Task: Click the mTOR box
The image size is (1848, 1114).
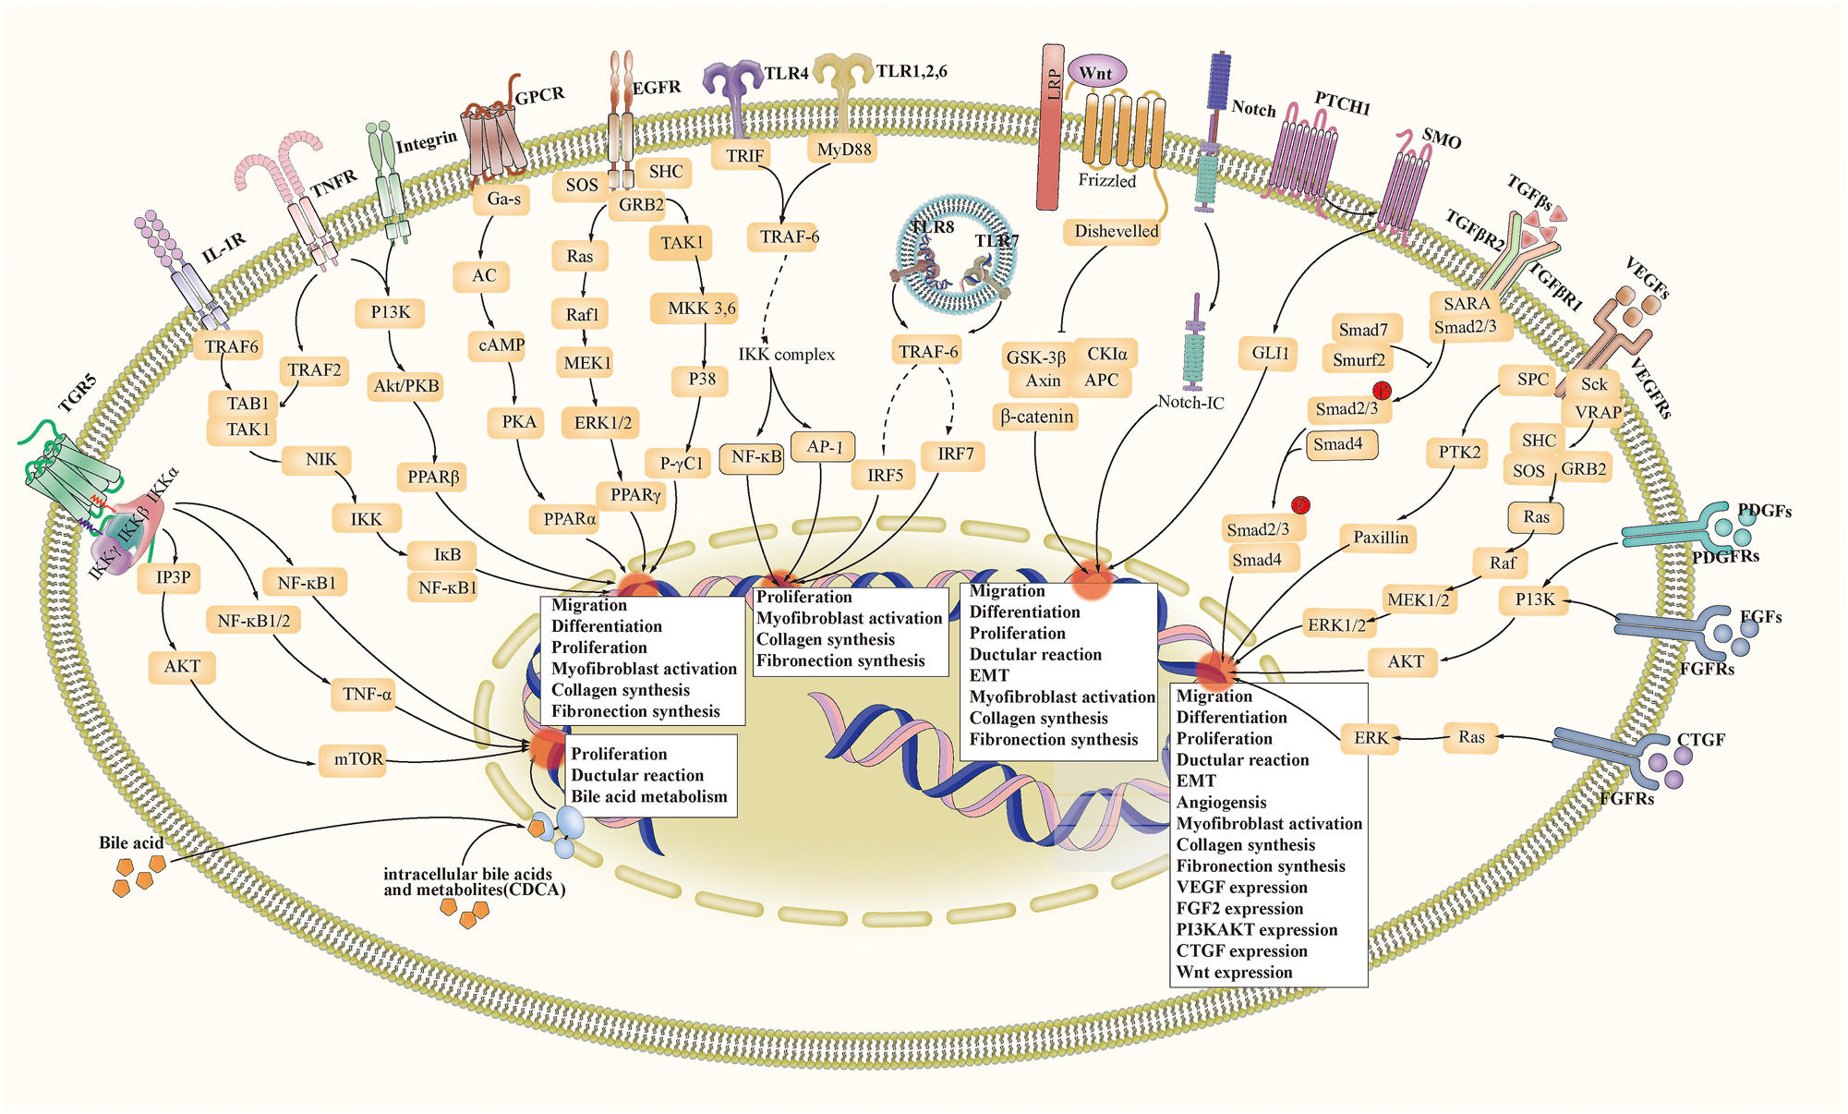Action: pos(357,759)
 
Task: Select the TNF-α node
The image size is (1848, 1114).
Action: pos(367,694)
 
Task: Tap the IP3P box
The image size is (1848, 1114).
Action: pos(174,578)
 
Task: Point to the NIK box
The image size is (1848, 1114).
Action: pos(321,459)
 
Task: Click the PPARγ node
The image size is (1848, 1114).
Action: pos(635,495)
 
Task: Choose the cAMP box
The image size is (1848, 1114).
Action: pos(501,345)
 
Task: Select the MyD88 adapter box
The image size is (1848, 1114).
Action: pos(844,149)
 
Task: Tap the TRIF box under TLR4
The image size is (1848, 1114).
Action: pos(744,156)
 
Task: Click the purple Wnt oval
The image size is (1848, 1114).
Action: pos(1096,73)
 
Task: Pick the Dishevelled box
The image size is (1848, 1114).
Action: pos(1117,232)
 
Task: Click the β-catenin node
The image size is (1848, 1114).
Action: pos(1037,418)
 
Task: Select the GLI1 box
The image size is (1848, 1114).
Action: pos(1270,353)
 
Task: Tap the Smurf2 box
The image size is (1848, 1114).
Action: pos(1359,360)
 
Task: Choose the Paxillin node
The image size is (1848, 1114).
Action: pos(1381,538)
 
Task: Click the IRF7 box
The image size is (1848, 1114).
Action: pos(956,454)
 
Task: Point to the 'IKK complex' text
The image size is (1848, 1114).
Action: pos(786,355)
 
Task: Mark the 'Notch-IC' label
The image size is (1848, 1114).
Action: pos(1190,403)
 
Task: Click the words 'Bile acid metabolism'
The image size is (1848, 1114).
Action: pos(649,796)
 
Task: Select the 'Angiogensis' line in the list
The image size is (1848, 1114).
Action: pos(1221,803)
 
